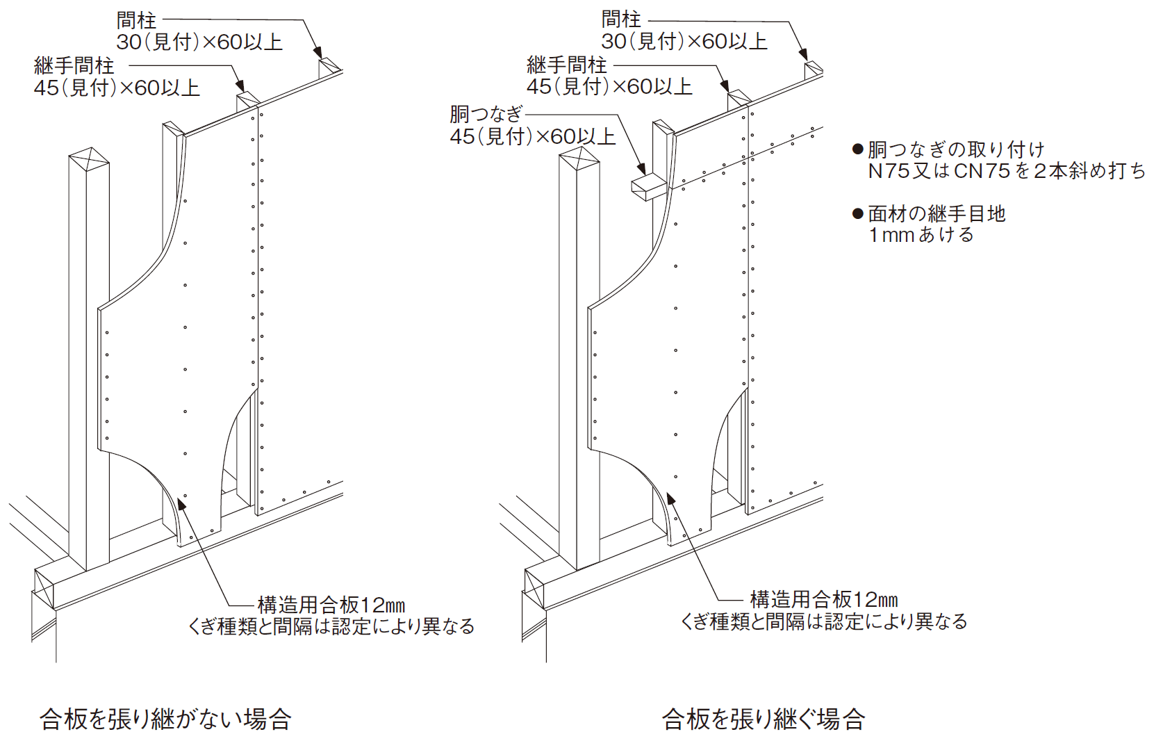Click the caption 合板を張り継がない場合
(165, 719)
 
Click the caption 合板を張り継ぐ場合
(763, 719)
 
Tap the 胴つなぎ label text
(486, 114)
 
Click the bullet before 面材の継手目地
(858, 213)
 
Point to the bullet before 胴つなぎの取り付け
(858, 149)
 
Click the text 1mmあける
(921, 235)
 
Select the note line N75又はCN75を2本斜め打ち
(1006, 171)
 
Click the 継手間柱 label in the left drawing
(74, 66)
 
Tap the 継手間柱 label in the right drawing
(567, 65)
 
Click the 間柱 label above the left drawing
(136, 20)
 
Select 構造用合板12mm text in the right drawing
(824, 599)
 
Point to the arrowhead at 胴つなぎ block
(642, 169)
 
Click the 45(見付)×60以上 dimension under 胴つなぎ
(533, 136)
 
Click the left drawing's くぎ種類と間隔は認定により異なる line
(331, 626)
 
